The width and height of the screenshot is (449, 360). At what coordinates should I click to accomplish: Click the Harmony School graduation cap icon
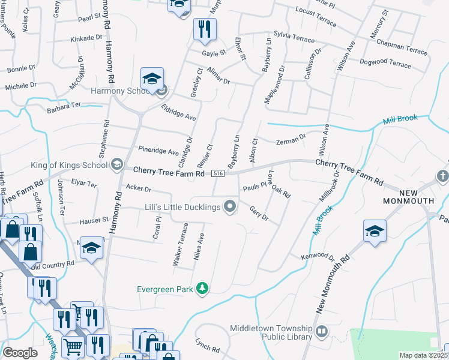(152, 79)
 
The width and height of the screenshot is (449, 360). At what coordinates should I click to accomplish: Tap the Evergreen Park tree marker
(203, 289)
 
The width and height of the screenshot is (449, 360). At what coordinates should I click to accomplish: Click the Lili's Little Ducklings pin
(229, 208)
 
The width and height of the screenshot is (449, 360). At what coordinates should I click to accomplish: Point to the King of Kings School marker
(117, 164)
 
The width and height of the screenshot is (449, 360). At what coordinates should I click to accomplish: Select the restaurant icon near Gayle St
(205, 29)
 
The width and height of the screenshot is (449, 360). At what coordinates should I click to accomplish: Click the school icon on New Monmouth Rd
(375, 231)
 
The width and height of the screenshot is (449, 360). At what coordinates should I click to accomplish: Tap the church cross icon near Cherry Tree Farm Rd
(443, 176)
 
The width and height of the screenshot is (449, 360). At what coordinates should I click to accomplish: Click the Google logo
(20, 352)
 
